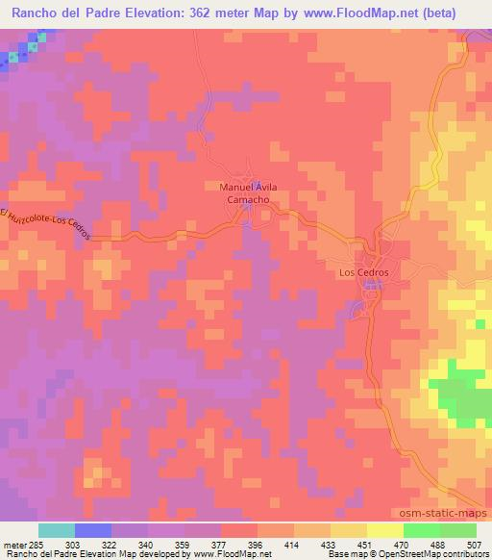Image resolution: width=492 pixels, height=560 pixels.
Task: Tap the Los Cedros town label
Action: (364, 273)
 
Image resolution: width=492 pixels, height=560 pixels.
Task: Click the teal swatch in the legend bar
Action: (57, 530)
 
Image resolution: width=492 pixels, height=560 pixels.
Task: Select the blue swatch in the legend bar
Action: (93, 530)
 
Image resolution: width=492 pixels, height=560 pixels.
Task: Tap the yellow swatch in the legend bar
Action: (385, 530)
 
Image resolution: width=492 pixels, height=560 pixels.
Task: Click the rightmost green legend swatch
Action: (458, 530)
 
